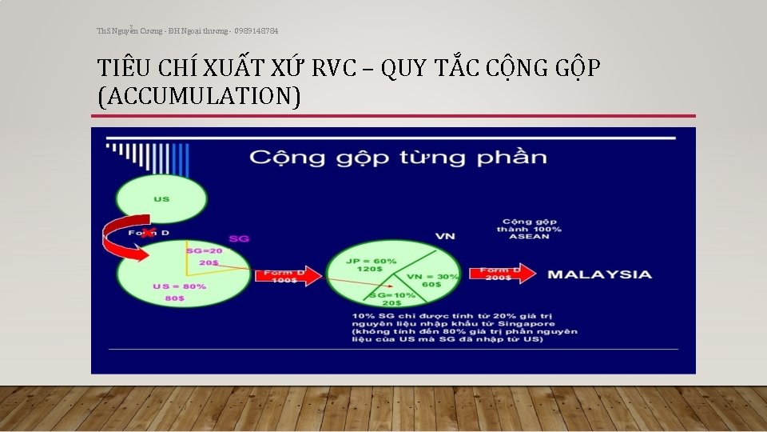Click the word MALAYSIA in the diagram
599,274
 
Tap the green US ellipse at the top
161,198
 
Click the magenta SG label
239,238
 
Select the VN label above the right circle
445,236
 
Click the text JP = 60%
372,261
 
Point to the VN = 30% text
433,276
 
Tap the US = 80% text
179,286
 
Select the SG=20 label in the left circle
205,251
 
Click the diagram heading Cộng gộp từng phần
398,156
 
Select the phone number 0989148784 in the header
256,30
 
